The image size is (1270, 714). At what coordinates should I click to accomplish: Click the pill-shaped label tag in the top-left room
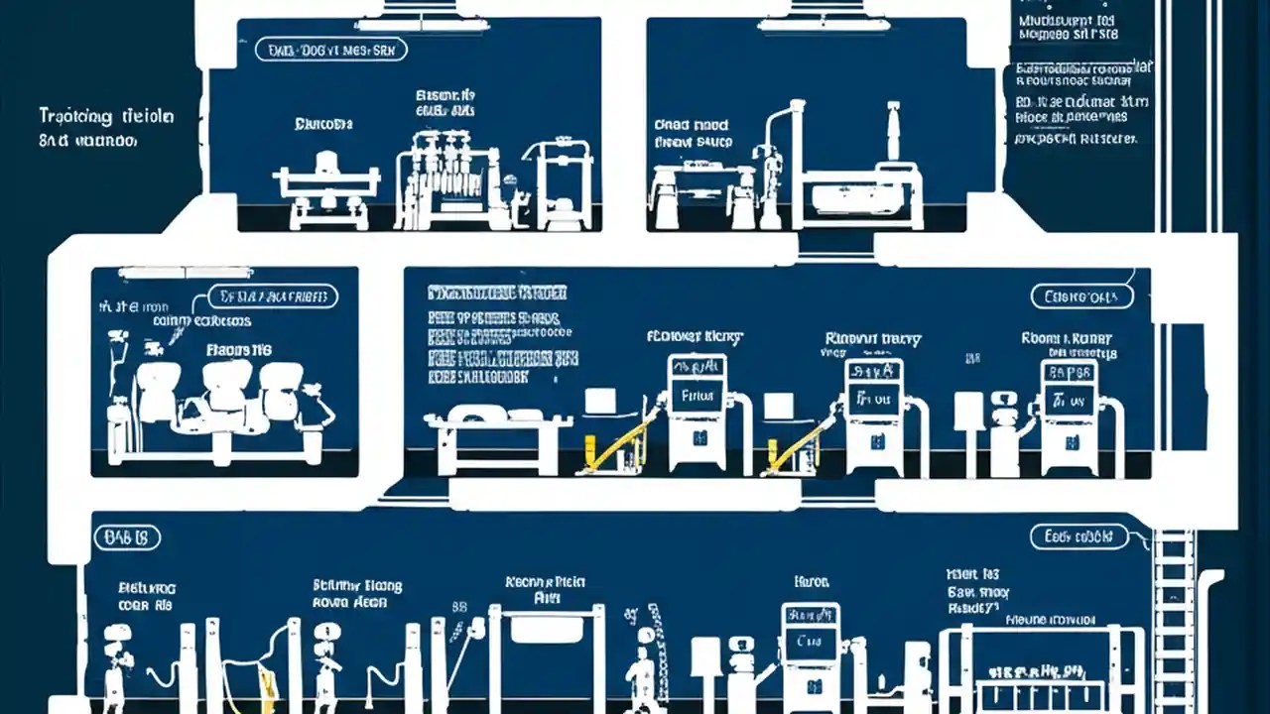pyautogui.click(x=330, y=50)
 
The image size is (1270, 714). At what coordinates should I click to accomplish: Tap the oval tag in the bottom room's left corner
pyautogui.click(x=126, y=537)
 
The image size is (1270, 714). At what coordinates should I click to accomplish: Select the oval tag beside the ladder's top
pyautogui.click(x=1079, y=537)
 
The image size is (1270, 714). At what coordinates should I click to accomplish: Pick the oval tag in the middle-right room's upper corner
pyautogui.click(x=1081, y=296)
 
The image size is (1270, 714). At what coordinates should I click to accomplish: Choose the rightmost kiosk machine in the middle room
pyautogui.click(x=1069, y=416)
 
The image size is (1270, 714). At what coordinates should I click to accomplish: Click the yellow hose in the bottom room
pyautogui.click(x=265, y=681)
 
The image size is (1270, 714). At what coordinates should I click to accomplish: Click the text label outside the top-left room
pyautogui.click(x=104, y=128)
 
